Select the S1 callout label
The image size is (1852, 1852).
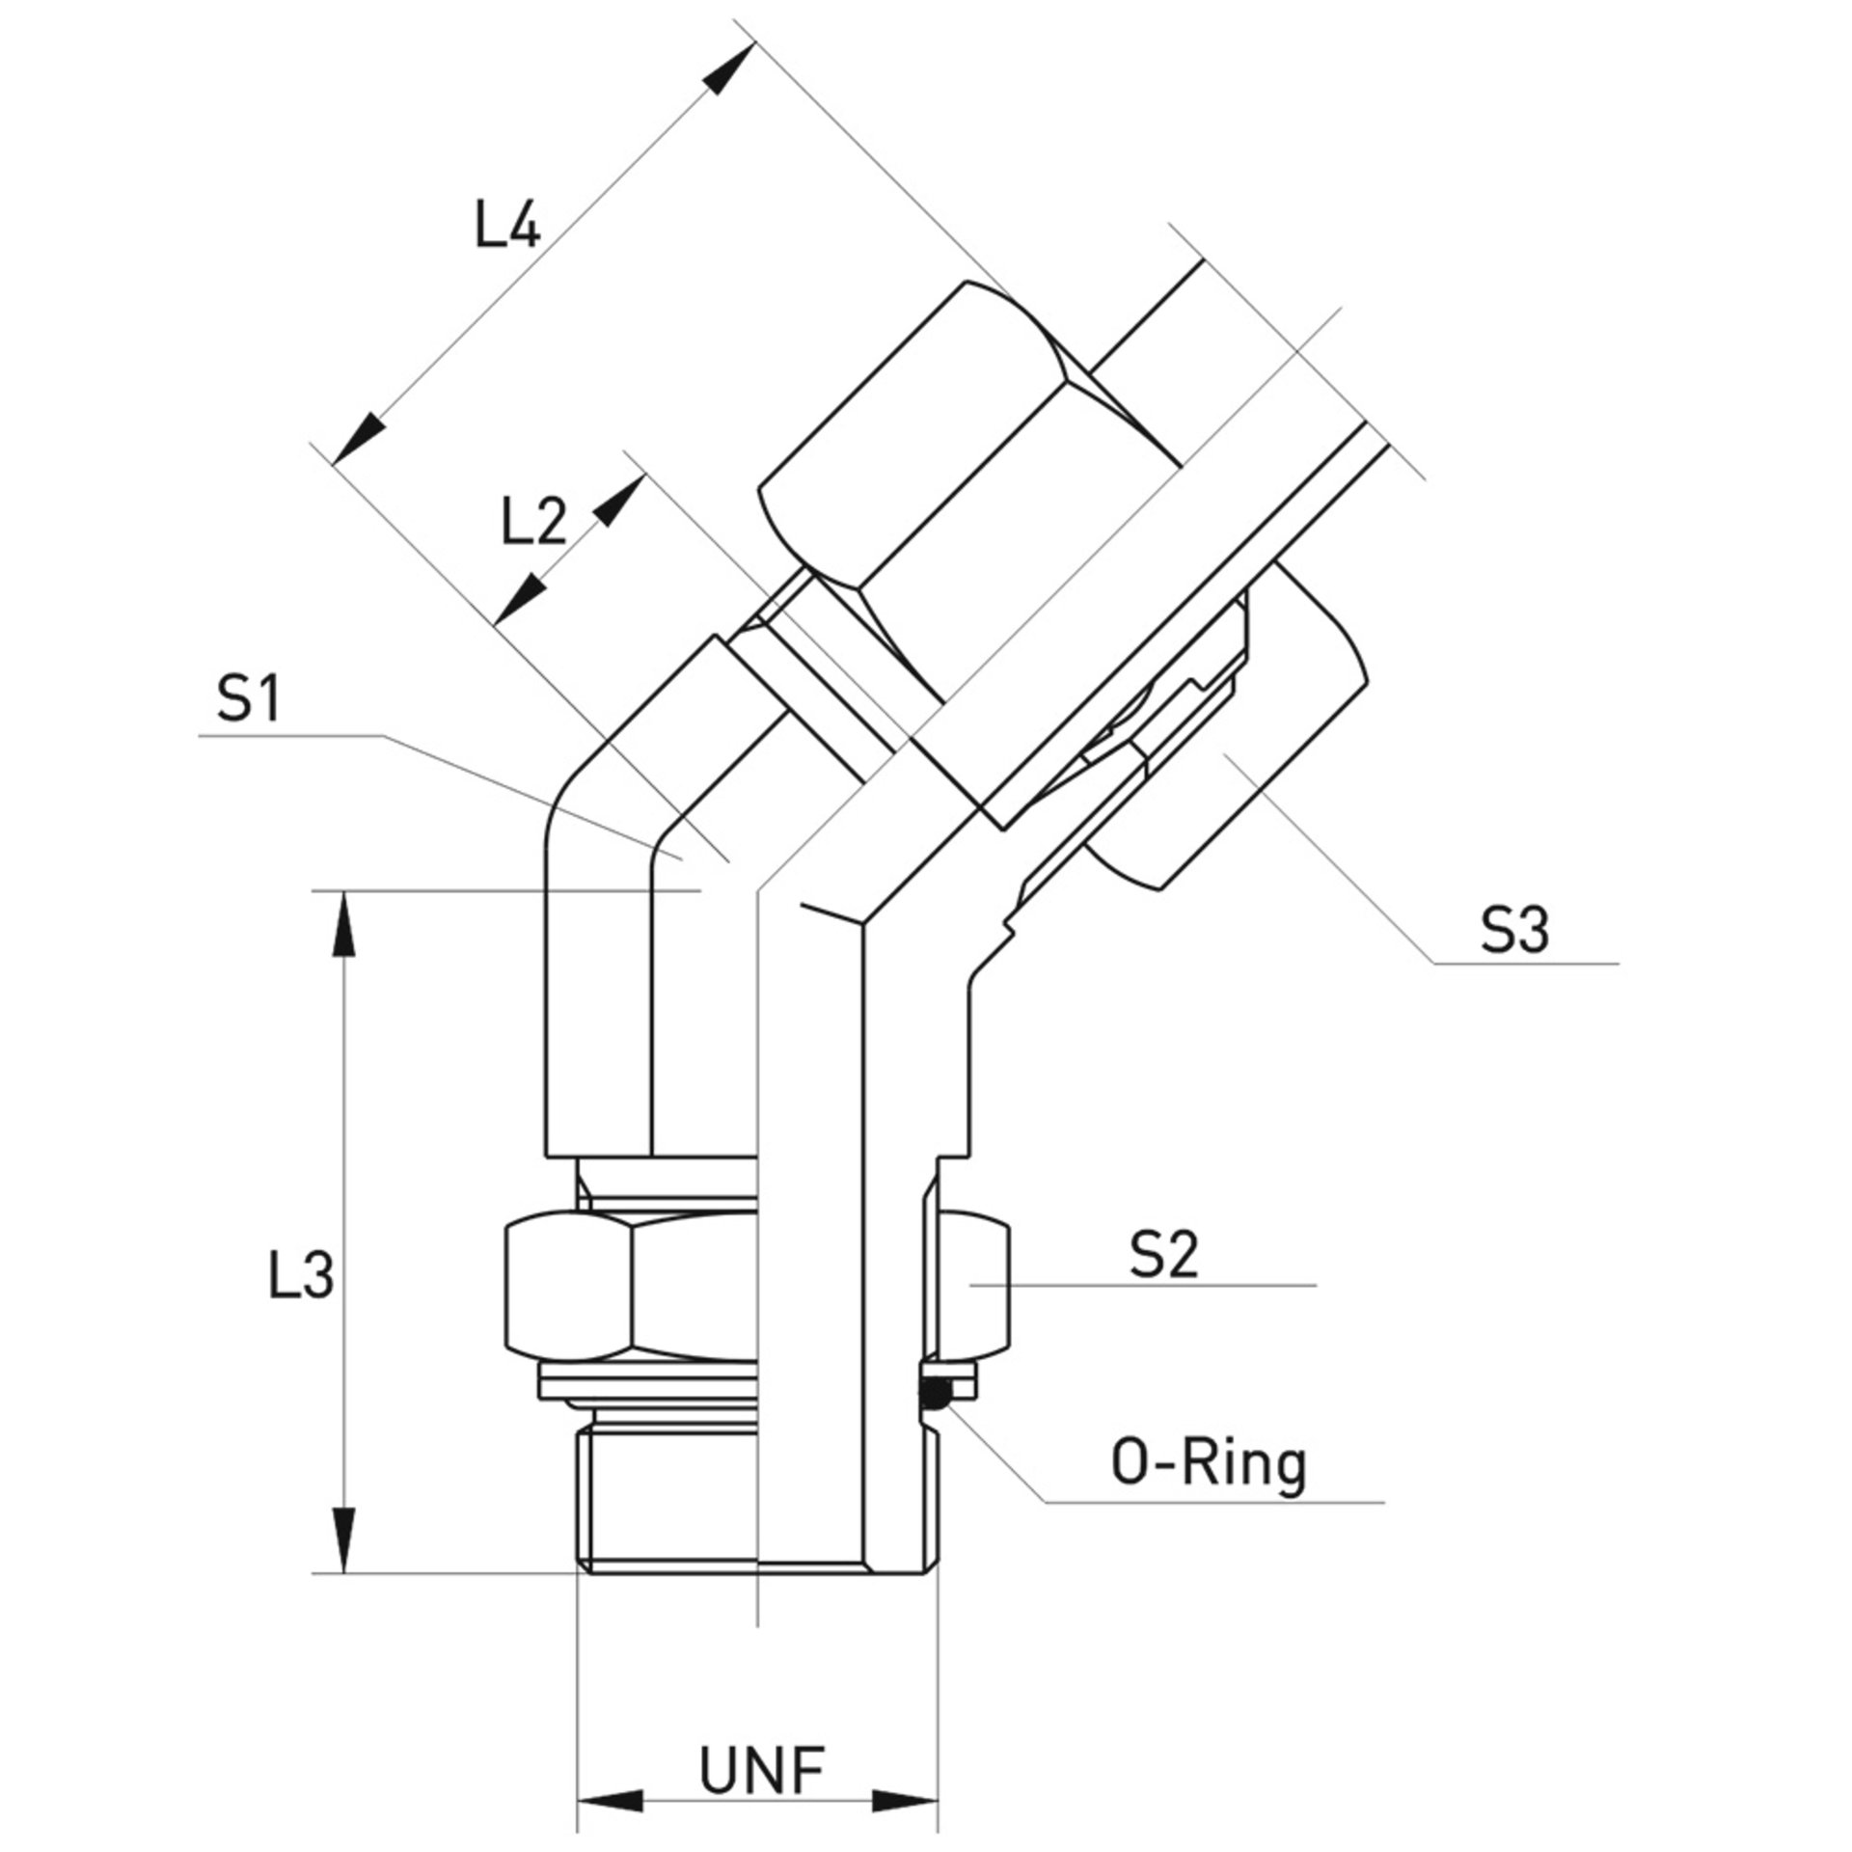(248, 699)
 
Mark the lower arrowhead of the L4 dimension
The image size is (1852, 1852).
(358, 440)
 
